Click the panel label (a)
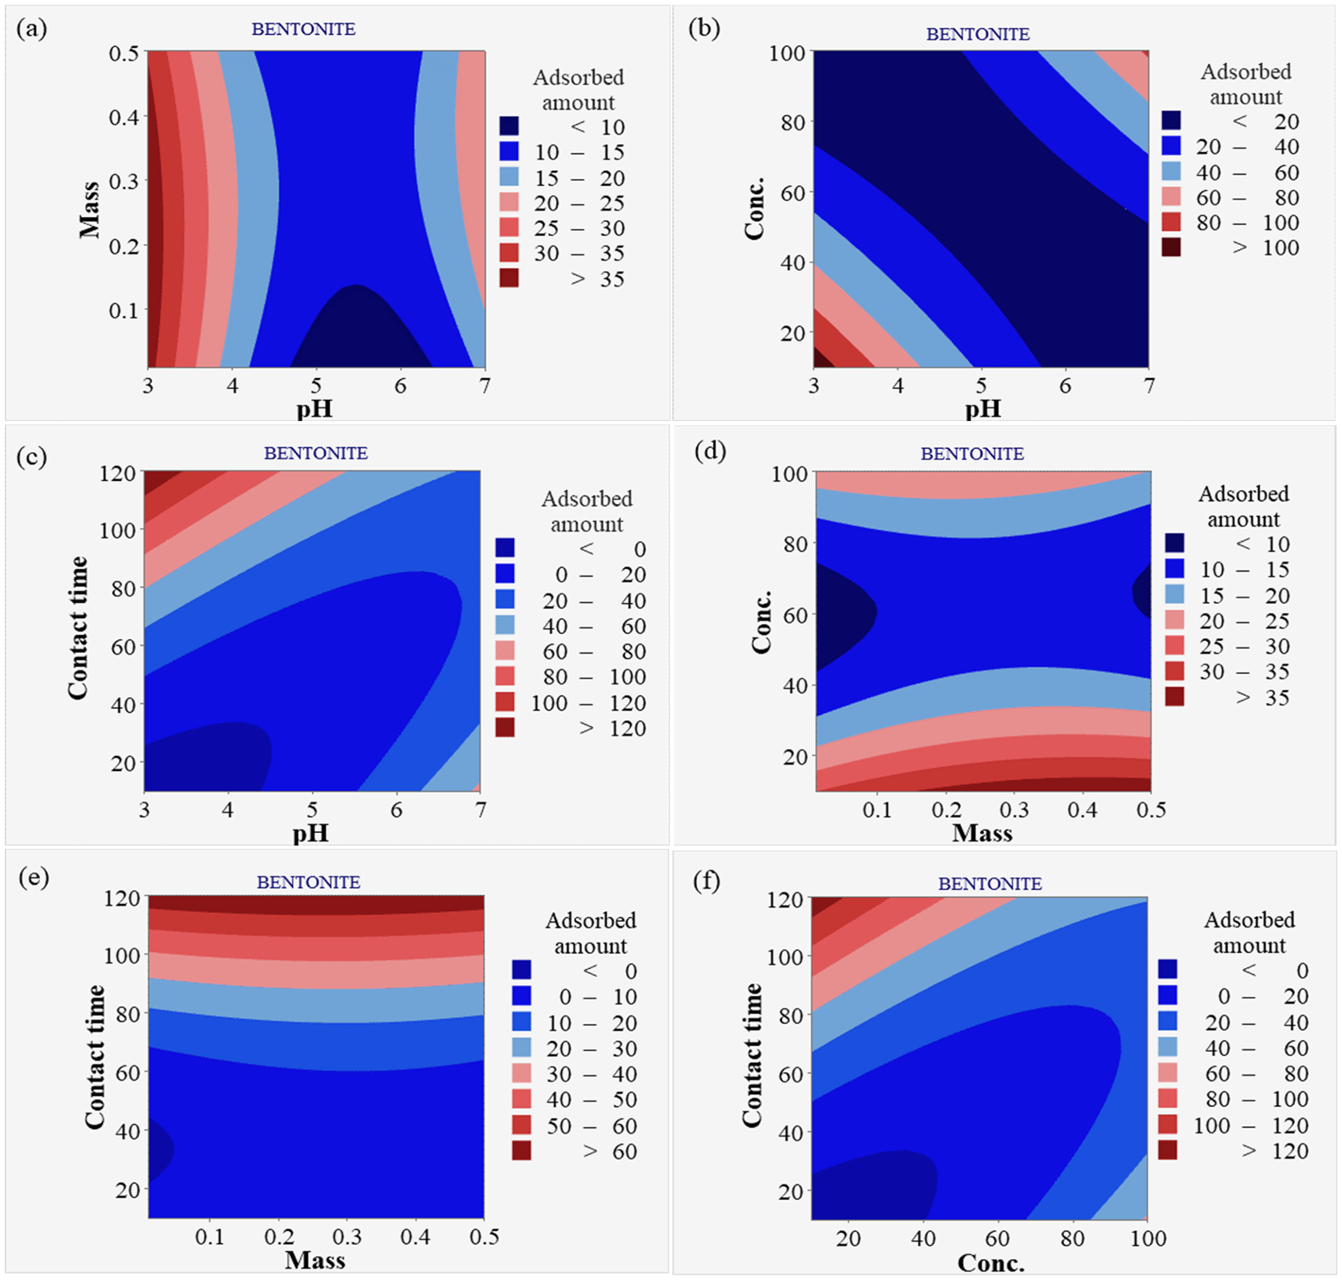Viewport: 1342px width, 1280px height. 31,29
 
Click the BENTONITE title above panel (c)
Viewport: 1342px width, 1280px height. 316,453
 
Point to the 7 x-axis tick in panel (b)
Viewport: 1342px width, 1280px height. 1149,386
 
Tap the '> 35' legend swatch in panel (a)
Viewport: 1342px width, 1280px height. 509,278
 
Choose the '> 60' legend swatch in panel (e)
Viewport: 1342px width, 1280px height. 522,1151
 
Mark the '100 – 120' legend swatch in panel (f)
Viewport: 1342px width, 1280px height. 1167,1125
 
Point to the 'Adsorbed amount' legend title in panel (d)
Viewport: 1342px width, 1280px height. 1243,506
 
